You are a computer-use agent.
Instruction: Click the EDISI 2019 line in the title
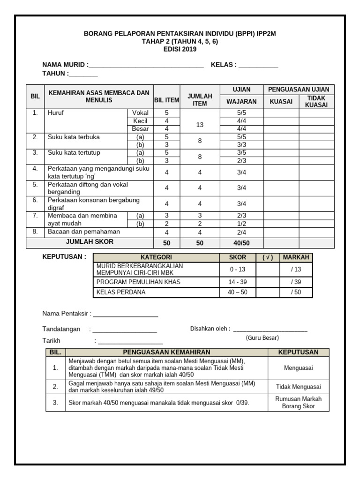coord(180,49)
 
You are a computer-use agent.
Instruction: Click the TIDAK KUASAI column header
coord(316,101)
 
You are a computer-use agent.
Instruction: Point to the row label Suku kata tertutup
coord(74,153)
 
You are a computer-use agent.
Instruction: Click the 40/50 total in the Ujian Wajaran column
coord(241,243)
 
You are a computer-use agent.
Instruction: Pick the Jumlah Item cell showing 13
coord(200,125)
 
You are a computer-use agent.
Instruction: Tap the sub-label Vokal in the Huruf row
coord(140,113)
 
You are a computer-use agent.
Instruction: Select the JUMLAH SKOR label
coord(90,242)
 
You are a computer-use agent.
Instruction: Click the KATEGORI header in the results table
coord(156,257)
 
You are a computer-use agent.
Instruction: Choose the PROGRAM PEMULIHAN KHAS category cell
coord(138,282)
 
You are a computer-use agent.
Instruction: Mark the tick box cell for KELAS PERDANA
coord(268,292)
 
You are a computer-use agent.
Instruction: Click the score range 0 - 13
coord(237,270)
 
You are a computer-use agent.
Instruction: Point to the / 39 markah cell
coord(296,282)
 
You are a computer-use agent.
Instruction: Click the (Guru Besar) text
coord(262,337)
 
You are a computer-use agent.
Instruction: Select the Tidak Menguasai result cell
coord(299,387)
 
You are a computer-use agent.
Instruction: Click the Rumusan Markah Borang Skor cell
coord(299,402)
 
